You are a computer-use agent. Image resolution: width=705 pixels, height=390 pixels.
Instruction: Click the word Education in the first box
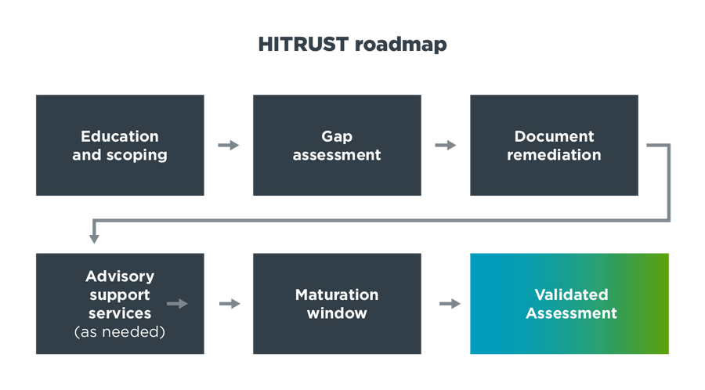[x=119, y=136]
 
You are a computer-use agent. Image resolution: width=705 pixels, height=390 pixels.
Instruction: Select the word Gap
[x=337, y=136]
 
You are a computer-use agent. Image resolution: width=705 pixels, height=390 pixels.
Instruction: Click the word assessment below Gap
[x=337, y=155]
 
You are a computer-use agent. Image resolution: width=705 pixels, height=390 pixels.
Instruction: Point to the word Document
[x=554, y=136]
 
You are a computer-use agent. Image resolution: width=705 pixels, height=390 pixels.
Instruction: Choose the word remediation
[x=554, y=155]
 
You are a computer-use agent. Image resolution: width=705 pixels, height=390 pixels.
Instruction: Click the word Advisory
[x=120, y=276]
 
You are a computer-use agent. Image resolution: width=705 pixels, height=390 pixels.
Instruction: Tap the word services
[x=120, y=313]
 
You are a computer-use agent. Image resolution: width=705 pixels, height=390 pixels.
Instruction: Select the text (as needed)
[x=120, y=332]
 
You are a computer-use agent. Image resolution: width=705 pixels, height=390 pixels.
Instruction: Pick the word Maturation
[x=337, y=294]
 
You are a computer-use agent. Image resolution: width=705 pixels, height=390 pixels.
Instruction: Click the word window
[x=337, y=313]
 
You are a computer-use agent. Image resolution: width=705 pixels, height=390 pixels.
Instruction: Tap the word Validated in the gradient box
[x=571, y=294]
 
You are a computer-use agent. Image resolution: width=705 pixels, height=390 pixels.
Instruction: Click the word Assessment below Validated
[x=571, y=313]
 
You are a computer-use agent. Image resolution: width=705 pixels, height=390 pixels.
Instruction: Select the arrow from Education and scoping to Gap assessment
[x=228, y=146]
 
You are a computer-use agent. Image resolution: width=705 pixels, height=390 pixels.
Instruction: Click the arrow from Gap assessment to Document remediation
[x=445, y=146]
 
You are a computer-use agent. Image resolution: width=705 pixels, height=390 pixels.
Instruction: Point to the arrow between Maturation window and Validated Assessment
[x=449, y=303]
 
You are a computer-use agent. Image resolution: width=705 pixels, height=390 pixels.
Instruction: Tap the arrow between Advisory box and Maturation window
[x=229, y=303]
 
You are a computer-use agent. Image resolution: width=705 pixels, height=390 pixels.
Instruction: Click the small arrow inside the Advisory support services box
[x=178, y=303]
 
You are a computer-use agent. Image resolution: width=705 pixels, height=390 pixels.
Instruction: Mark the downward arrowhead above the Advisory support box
[x=95, y=237]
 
